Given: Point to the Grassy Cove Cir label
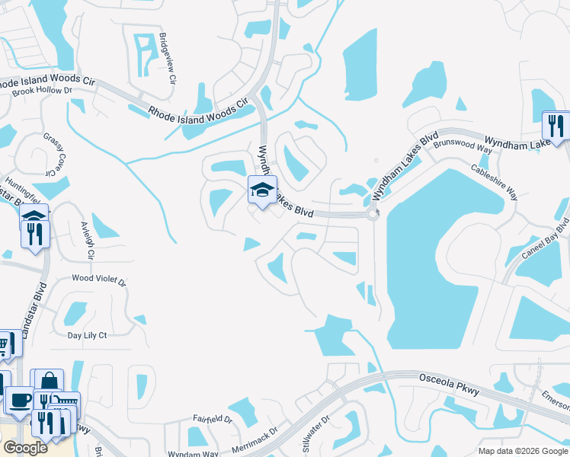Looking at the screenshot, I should pos(53,154).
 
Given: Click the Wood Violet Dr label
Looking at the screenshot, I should pos(98,280).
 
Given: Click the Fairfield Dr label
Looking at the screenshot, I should pos(213,418).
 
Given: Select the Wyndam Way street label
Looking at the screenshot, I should pos(193,452).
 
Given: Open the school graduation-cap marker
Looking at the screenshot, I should pos(261,190).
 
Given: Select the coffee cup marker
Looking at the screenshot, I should pos(18,399).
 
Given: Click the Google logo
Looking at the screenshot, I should pos(25,448).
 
